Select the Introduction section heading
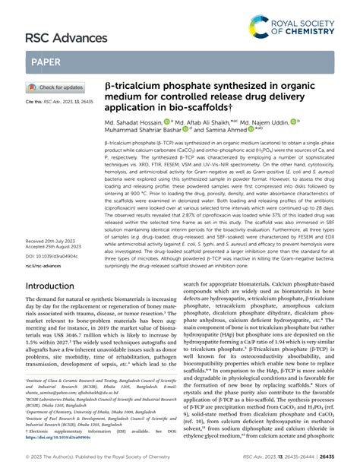(58, 265)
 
